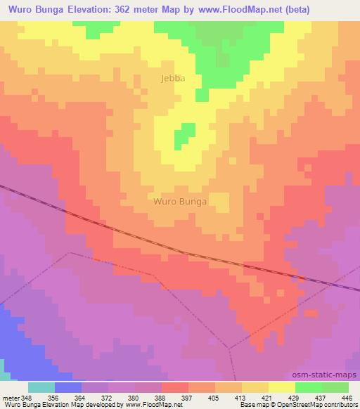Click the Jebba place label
coord(172,79)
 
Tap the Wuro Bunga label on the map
coord(180,202)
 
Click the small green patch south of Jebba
coord(186,133)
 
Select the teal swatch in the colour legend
coord(41,387)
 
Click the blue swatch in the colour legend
coord(67,387)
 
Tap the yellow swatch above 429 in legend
coord(281,387)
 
